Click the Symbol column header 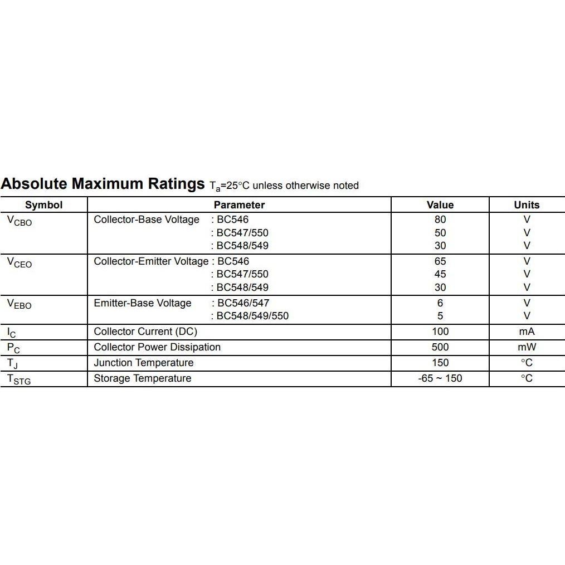43,205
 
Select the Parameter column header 239,205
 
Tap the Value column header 440,205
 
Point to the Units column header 527,205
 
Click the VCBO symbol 20,221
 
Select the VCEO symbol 20,262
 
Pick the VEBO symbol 20,304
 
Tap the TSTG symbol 19,379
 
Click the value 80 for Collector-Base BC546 440,220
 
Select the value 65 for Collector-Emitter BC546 440,261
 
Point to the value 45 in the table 440,274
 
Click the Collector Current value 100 440,332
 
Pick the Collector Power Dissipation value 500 440,347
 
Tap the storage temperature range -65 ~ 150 440,378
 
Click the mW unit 527,347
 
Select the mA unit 527,332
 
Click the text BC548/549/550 252,316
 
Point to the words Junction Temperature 144,363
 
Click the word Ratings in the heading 176,184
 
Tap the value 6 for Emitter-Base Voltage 440,303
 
